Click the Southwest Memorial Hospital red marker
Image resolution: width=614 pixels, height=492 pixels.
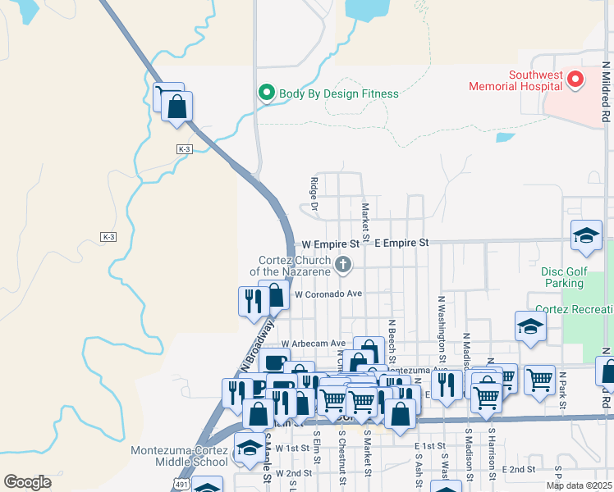(x=575, y=80)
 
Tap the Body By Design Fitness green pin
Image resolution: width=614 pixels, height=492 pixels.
(x=266, y=93)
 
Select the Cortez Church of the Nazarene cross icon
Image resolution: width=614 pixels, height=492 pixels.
(x=344, y=264)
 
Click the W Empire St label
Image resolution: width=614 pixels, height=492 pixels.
(x=331, y=244)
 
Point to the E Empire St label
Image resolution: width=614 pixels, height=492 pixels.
(x=401, y=244)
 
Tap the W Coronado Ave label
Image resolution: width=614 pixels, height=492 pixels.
(x=328, y=293)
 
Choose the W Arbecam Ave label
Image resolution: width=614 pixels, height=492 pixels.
(x=313, y=344)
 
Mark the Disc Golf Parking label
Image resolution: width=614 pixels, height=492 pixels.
(x=563, y=276)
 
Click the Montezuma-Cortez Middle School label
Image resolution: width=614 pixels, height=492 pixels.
(x=179, y=456)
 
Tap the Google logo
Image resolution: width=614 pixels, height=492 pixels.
(x=27, y=482)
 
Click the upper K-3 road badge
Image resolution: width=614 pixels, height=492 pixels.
(x=184, y=149)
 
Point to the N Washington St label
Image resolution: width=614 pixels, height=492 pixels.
(x=442, y=329)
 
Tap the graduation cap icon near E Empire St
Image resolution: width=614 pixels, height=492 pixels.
(x=586, y=236)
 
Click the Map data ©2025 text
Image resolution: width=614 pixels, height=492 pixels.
(x=578, y=485)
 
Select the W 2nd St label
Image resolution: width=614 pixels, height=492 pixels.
(x=294, y=473)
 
